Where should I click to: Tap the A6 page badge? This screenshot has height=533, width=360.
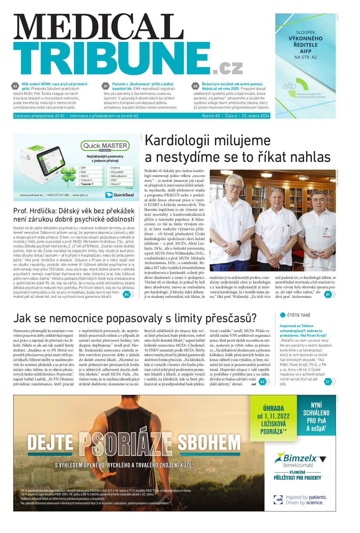(x=15, y=86)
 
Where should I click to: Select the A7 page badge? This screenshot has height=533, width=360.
(x=106, y=86)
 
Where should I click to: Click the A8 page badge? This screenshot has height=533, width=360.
(x=195, y=86)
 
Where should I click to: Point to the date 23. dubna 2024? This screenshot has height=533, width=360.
(x=256, y=116)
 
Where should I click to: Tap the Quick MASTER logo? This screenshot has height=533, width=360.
(x=105, y=146)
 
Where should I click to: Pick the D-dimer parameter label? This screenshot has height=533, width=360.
(x=116, y=168)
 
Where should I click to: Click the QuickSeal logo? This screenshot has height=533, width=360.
(x=120, y=195)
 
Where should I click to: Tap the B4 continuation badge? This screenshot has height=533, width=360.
(x=127, y=295)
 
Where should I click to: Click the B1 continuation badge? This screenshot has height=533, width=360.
(x=328, y=295)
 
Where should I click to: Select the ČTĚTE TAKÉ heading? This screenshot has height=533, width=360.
(x=299, y=315)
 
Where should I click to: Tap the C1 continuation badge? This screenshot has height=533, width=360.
(x=328, y=382)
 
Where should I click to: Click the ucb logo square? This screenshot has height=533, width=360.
(x=278, y=499)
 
